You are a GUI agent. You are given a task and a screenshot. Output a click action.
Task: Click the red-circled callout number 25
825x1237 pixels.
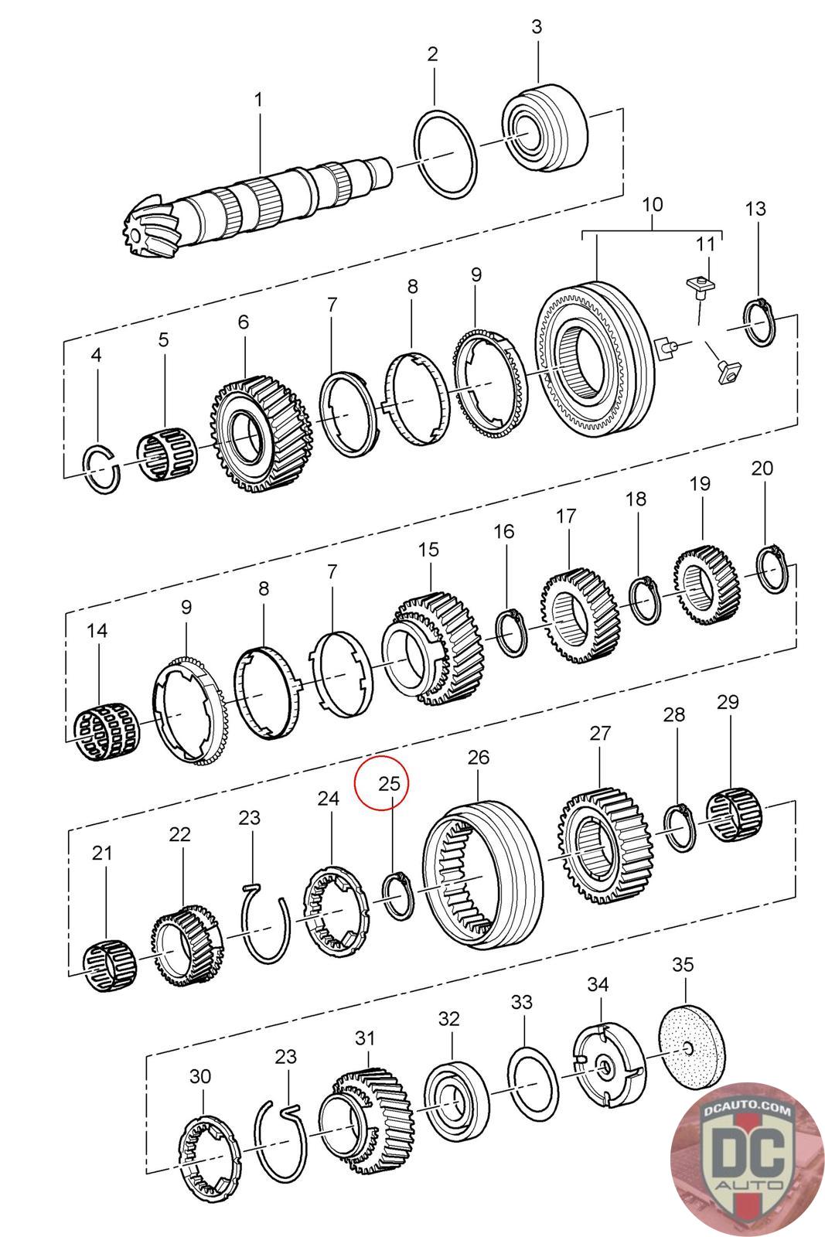click(389, 782)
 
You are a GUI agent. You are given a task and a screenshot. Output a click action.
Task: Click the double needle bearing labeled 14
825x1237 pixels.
click(103, 730)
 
